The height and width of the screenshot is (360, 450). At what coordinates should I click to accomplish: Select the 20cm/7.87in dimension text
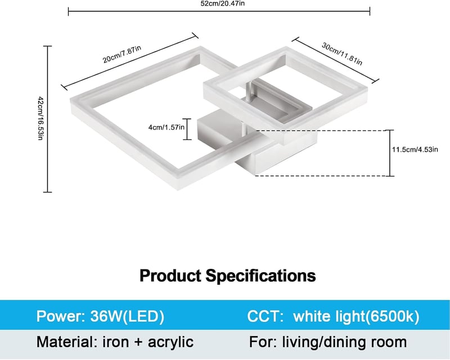pyautogui.click(x=122, y=54)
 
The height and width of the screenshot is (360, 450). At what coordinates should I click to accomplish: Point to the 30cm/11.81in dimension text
pyautogui.click(x=342, y=53)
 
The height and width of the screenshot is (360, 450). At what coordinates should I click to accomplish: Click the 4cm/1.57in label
pyautogui.click(x=166, y=127)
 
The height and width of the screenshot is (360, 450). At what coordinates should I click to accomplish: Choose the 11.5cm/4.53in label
pyautogui.click(x=415, y=150)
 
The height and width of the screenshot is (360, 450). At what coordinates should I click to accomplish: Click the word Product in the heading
pyautogui.click(x=170, y=276)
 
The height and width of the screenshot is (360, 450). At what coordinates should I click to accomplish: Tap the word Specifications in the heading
pyautogui.click(x=260, y=276)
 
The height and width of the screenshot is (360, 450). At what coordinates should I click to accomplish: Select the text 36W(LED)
pyautogui.click(x=127, y=316)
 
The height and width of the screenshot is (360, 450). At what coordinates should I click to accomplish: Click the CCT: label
pyautogui.click(x=265, y=316)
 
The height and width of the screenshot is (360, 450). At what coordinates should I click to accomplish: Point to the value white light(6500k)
pyautogui.click(x=356, y=316)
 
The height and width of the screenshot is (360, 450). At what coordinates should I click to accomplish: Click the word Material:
pyautogui.click(x=67, y=342)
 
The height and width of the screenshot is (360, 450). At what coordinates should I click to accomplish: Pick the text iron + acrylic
pyautogui.click(x=148, y=342)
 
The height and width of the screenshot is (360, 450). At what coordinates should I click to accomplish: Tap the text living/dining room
pyautogui.click(x=344, y=342)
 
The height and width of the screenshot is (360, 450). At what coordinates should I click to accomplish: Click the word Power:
pyautogui.click(x=60, y=316)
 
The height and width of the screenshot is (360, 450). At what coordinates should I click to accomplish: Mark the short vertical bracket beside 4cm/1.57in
pyautogui.click(x=187, y=129)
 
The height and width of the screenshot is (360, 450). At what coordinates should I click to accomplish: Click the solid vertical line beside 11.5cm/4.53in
pyautogui.click(x=390, y=153)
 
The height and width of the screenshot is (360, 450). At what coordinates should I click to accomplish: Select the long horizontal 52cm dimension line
pyautogui.click(x=219, y=11)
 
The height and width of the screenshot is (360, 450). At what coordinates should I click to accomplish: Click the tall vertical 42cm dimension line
pyautogui.click(x=48, y=119)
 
